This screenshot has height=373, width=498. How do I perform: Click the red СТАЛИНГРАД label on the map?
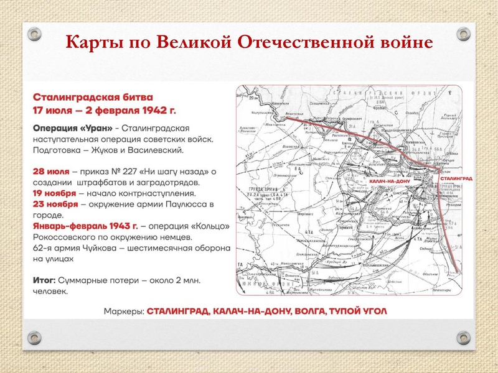coord(456,178)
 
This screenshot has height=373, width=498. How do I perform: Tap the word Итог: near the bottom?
coord(45,280)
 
